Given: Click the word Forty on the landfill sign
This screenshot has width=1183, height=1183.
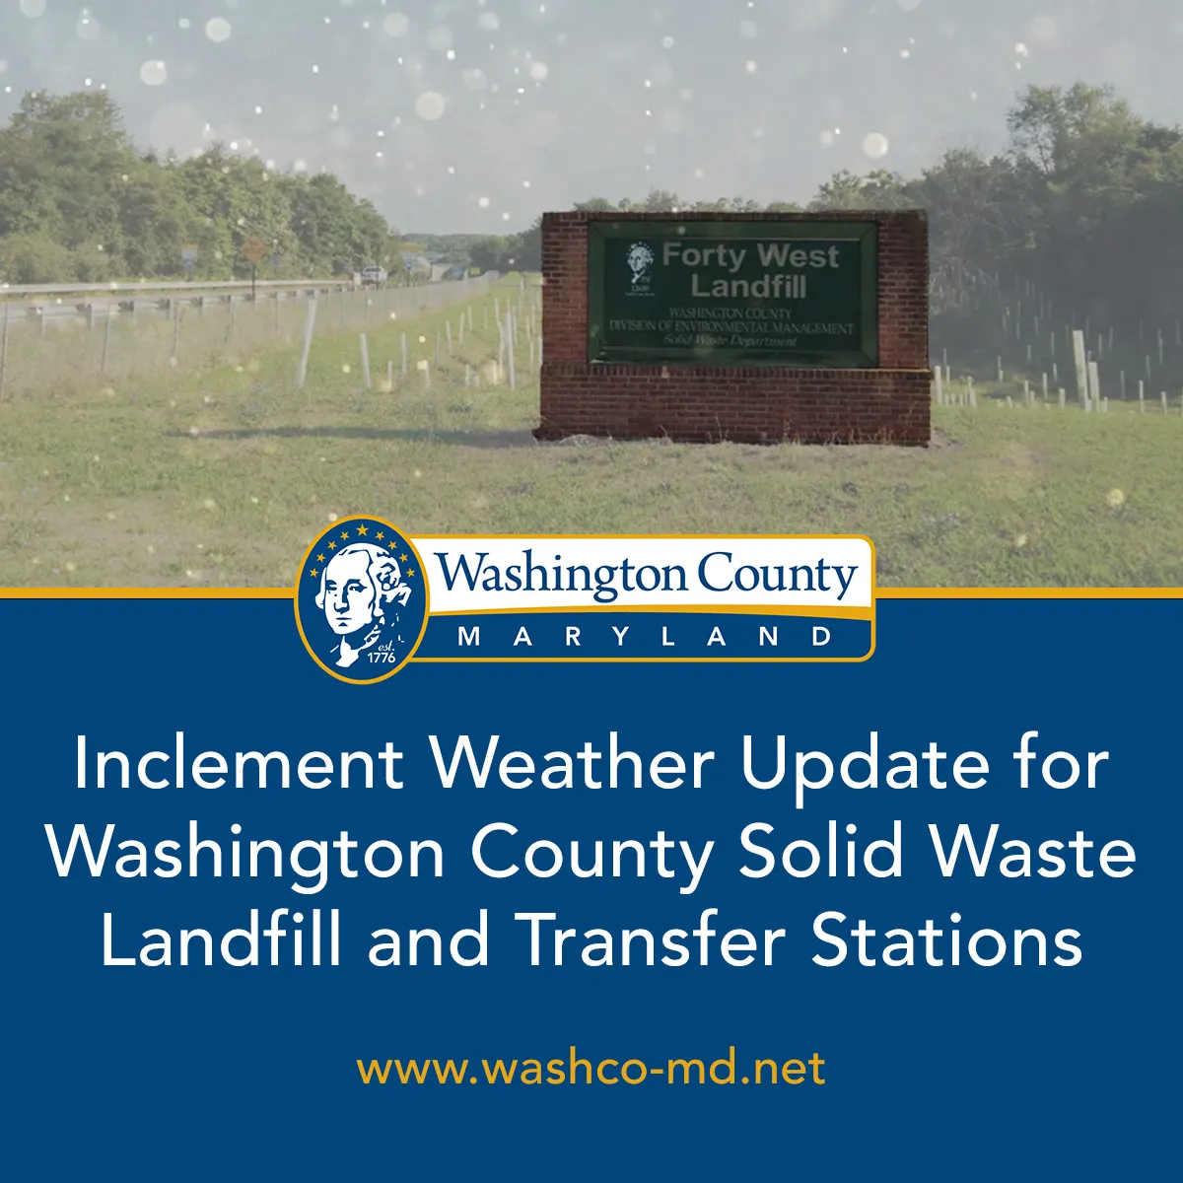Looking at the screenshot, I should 703,256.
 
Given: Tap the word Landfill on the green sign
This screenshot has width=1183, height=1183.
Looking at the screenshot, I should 748,287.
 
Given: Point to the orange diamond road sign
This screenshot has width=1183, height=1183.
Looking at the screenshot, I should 251,249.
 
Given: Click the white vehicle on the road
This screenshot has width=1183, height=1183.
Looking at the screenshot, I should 374,275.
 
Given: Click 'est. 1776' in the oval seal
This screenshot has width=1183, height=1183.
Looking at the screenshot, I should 380,652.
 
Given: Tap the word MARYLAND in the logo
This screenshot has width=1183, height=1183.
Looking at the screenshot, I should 645,637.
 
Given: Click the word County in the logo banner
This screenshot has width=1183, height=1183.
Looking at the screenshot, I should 777,576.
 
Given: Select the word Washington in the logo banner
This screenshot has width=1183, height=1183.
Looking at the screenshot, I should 562,576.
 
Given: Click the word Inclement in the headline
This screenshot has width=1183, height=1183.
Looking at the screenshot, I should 238,764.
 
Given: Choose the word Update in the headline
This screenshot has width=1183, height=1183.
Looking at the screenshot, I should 865,764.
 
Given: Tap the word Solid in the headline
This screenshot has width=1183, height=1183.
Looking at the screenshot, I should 821,853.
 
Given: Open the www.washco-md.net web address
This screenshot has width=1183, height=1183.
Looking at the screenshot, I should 591,1068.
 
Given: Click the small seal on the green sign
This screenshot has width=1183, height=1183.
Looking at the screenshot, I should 640,263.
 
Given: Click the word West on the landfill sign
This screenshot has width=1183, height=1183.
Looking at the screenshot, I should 798,256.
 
